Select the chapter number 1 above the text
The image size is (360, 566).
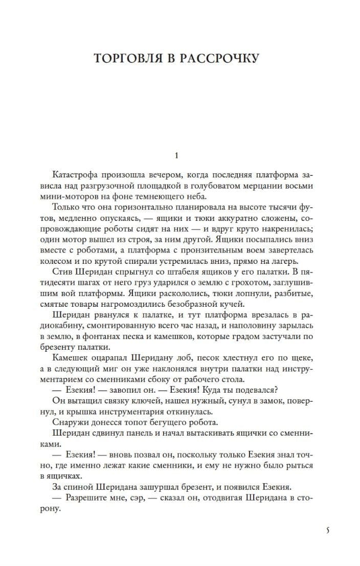click(x=176, y=155)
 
